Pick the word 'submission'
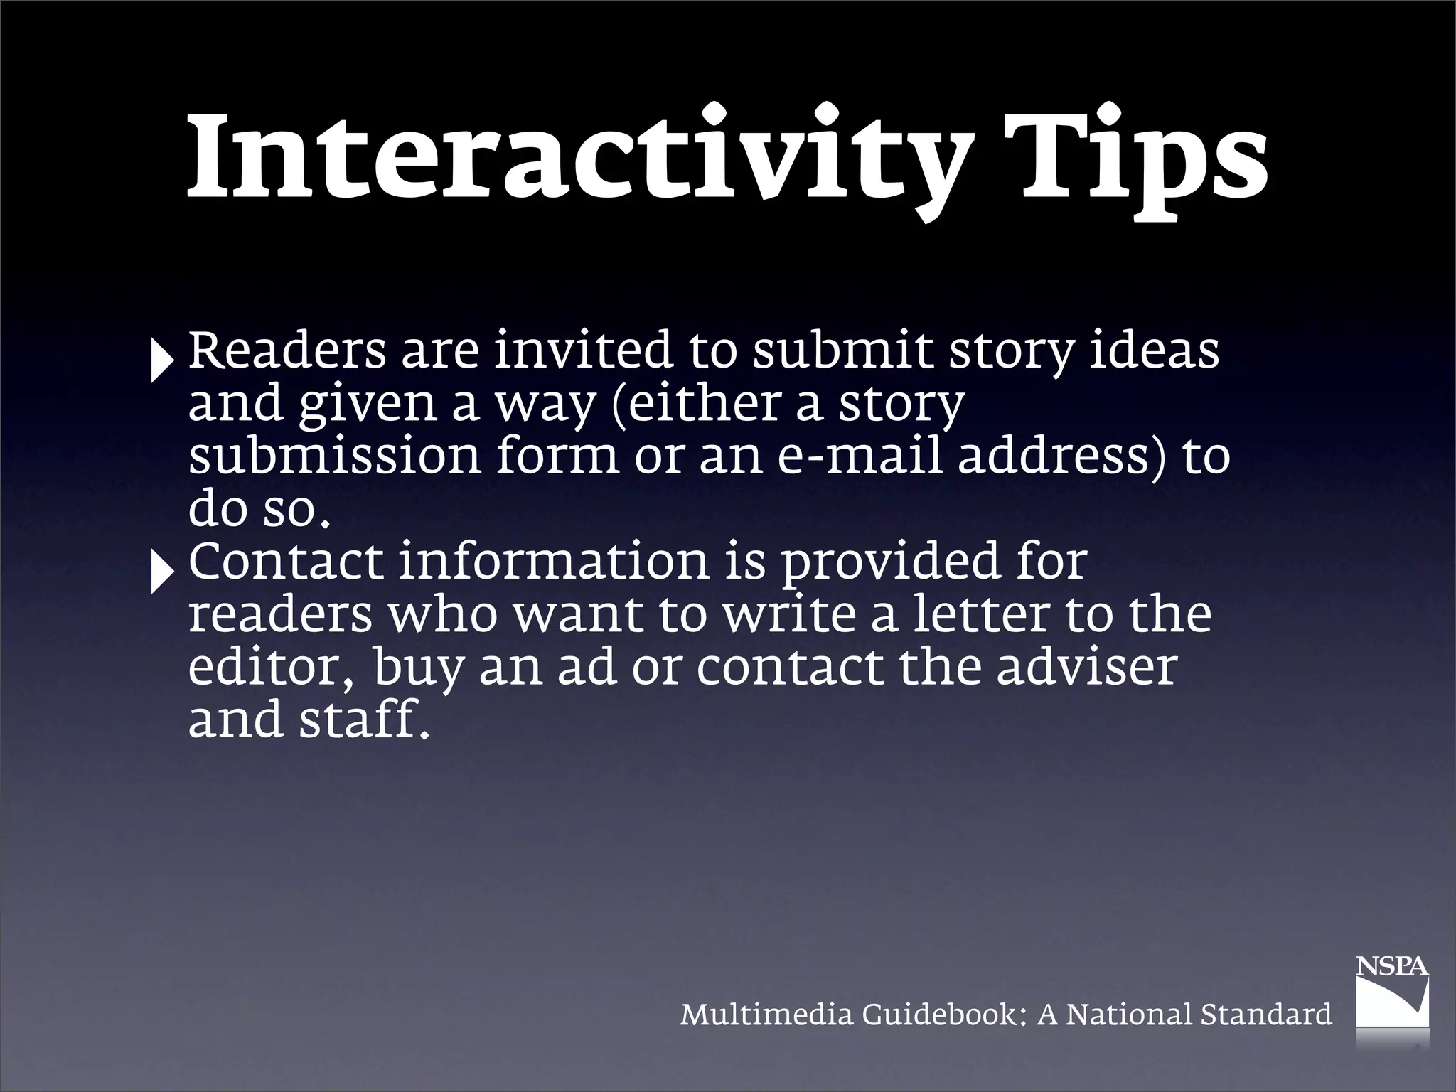pos(335,456)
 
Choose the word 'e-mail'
pos(861,456)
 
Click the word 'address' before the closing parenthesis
pos(1052,456)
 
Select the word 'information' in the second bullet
pos(554,562)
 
